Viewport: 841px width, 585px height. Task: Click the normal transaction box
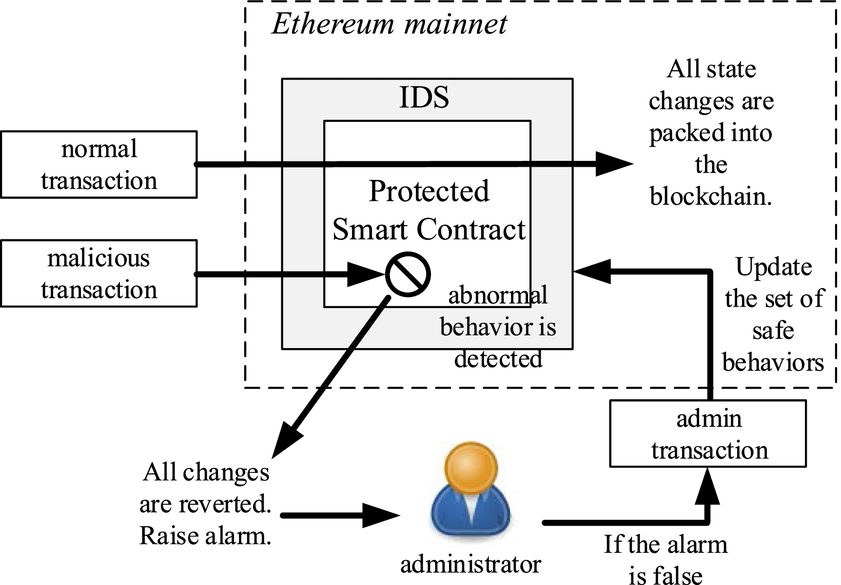click(98, 164)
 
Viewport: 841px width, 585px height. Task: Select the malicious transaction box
click(98, 273)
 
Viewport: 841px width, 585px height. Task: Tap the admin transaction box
click(708, 434)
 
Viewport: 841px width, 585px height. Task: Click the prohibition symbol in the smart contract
click(408, 274)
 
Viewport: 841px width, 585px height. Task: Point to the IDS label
click(424, 97)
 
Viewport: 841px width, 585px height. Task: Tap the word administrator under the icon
click(470, 565)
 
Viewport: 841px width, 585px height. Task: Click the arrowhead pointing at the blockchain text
click(613, 164)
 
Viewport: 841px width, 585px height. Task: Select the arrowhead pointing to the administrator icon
click(380, 515)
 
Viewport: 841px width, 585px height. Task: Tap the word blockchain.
click(710, 196)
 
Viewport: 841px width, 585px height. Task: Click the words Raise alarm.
click(205, 536)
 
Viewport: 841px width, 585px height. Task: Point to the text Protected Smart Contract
click(428, 210)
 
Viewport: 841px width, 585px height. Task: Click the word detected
click(498, 359)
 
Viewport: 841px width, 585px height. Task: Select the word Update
click(773, 267)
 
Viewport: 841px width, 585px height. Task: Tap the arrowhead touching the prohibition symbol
click(366, 274)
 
